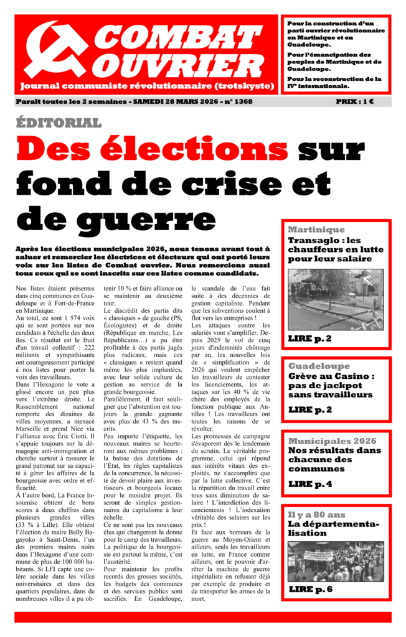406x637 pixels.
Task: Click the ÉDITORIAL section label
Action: [x=59, y=123]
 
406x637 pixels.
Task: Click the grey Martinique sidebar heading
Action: [x=316, y=230]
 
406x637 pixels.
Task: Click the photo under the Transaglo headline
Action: [x=336, y=299]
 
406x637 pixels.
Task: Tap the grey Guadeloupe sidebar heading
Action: [x=319, y=366]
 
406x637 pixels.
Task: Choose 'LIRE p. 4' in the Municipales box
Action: [x=309, y=483]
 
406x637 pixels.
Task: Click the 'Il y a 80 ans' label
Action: [x=316, y=514]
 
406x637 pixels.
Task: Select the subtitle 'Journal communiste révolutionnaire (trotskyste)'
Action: [x=147, y=85]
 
